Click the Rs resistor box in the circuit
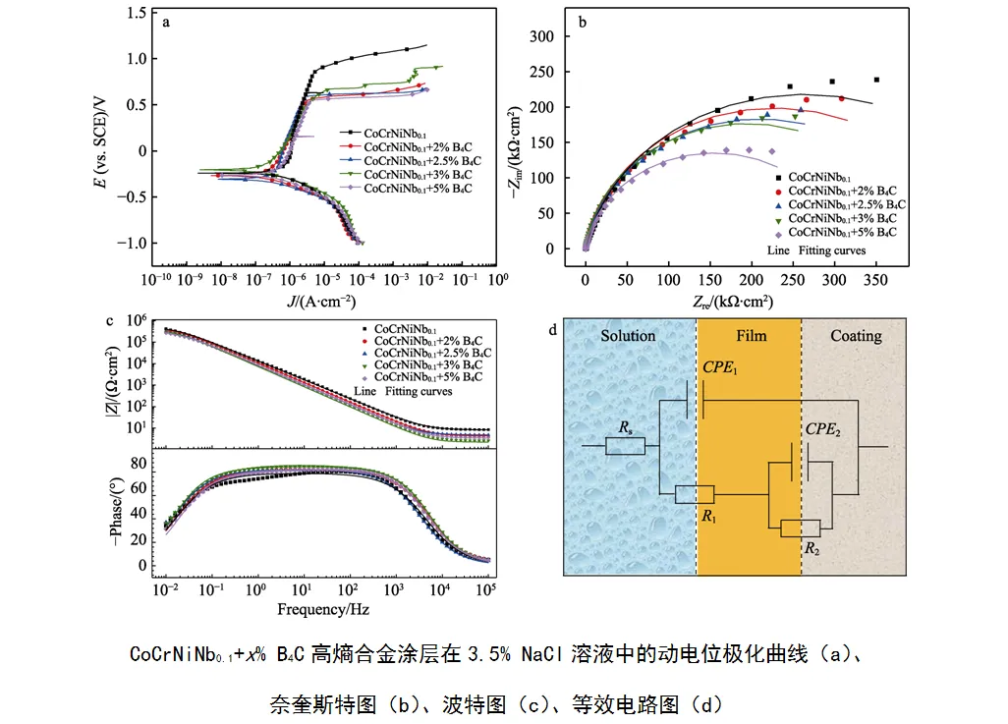point(625,446)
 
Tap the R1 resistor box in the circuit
point(695,494)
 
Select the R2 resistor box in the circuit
point(800,529)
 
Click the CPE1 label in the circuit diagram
point(719,367)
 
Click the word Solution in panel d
point(628,336)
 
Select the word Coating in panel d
point(856,336)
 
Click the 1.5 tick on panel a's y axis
point(135,13)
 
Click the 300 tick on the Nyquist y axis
point(541,37)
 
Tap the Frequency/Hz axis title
point(322,609)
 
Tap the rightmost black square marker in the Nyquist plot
point(875,80)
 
